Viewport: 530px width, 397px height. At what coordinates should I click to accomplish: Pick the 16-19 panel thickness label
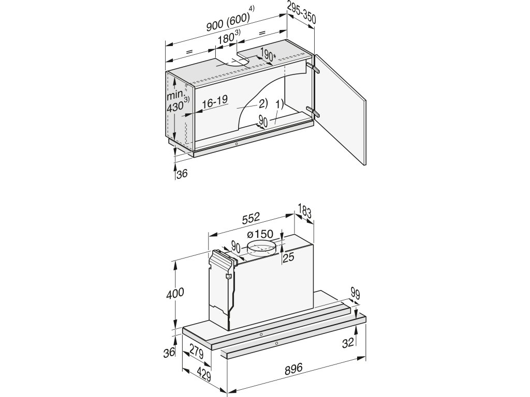[x=215, y=103]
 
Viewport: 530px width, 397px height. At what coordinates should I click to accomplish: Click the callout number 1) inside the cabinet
[x=279, y=103]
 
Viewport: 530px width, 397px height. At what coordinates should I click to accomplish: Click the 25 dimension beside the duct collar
[x=288, y=256]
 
